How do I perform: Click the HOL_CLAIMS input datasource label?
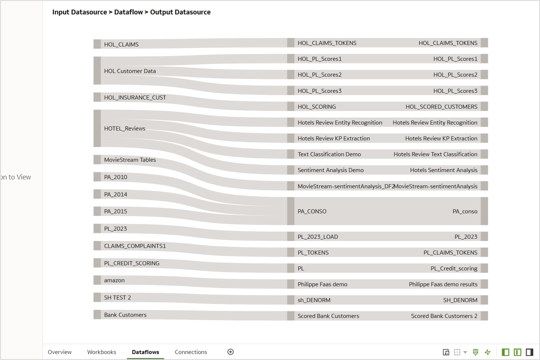[x=121, y=45]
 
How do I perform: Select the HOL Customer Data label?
[x=130, y=71]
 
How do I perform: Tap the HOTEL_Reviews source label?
[x=125, y=129]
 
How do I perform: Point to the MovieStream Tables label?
[x=130, y=160]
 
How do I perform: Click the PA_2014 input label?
[x=116, y=194]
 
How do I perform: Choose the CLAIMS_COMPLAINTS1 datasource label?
[x=135, y=246]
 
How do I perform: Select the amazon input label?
[x=114, y=280]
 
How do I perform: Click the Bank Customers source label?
[x=125, y=315]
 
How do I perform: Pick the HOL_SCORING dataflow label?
[x=316, y=107]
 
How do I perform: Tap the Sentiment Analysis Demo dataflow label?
[x=330, y=170]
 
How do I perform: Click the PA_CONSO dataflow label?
[x=312, y=211]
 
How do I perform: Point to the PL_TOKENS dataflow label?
[x=313, y=252]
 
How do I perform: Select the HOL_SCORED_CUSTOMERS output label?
[x=441, y=107]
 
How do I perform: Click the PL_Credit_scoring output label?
[x=454, y=268]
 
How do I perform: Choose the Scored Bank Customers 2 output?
[x=444, y=316]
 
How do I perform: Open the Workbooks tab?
[x=102, y=352]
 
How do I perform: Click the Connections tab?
[x=191, y=352]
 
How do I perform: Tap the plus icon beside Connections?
[x=230, y=352]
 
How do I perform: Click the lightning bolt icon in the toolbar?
[x=487, y=352]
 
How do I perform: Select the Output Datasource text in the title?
[x=180, y=12]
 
